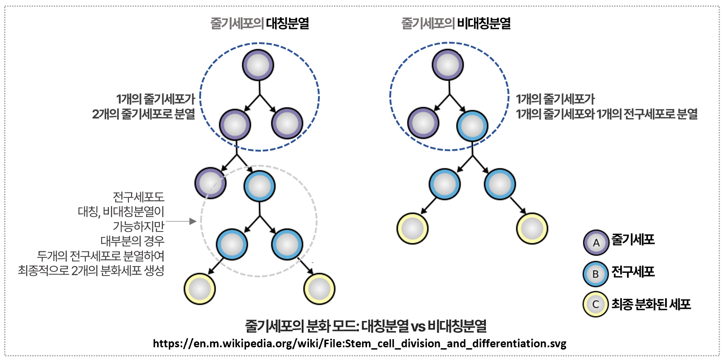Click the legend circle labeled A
coord(596,243)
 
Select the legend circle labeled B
coord(596,274)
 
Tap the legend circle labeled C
coord(596,305)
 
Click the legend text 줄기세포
coord(633,240)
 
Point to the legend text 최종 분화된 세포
coord(651,304)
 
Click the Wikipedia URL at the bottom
coord(359,344)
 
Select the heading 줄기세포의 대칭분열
coord(260,24)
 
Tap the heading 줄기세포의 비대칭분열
coord(456,24)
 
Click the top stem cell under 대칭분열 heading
coord(258,65)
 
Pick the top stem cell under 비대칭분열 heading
coord(448,65)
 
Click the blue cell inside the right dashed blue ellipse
coord(472,126)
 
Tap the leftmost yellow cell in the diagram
coord(200,289)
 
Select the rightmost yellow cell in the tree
coord(532,228)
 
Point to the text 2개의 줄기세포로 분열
coord(143,114)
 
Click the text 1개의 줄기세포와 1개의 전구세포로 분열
coord(607,114)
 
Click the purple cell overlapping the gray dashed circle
coord(211,182)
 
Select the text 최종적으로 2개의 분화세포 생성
coord(91,271)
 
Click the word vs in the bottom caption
coord(418,326)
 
